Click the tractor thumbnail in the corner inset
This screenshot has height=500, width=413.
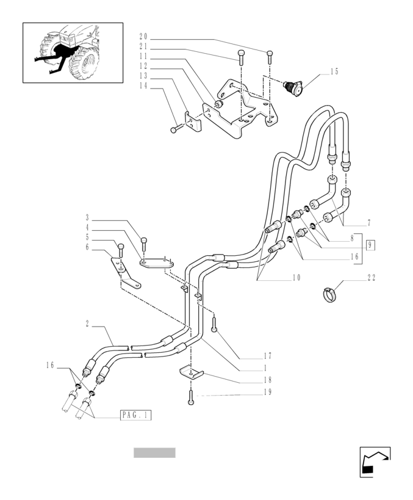tap(73, 53)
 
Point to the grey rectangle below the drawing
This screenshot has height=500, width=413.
tap(154, 452)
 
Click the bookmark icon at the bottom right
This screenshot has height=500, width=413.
tap(374, 462)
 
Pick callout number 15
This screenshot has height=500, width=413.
tap(334, 72)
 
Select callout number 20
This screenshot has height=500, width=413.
tap(144, 37)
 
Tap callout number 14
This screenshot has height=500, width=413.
tap(144, 86)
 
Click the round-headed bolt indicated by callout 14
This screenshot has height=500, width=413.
tap(174, 129)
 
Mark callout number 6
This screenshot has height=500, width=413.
tap(87, 247)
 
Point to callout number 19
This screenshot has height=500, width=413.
tap(267, 392)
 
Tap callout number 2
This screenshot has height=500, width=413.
tap(88, 324)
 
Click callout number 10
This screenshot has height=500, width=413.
tap(296, 278)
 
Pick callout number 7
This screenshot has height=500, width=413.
tap(368, 223)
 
